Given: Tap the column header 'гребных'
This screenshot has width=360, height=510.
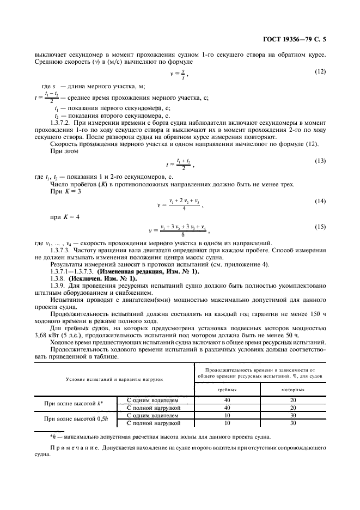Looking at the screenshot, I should click(227, 390).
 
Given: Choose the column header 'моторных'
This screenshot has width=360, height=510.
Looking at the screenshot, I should click(293, 390).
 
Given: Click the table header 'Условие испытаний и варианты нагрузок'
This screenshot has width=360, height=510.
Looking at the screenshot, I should click(114, 379).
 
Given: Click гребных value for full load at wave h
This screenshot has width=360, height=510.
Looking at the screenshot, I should click(227, 408).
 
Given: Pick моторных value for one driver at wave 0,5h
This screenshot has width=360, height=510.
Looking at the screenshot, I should click(293, 415).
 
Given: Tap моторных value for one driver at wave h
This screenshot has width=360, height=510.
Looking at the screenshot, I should click(293, 400).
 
